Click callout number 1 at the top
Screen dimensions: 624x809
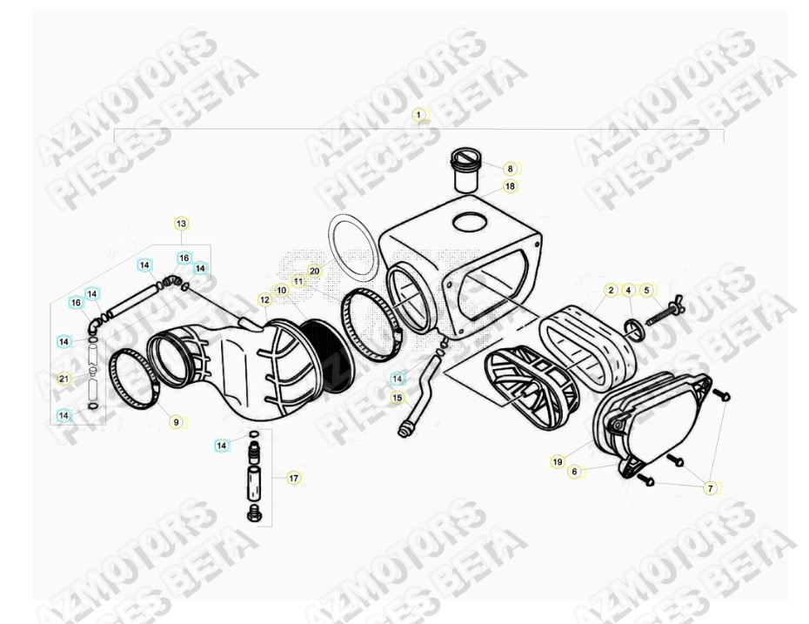(418, 114)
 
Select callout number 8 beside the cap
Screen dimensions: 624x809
(511, 168)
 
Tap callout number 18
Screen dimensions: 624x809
(510, 186)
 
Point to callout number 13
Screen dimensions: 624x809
(181, 224)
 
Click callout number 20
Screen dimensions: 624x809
(315, 271)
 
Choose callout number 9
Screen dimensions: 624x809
(176, 422)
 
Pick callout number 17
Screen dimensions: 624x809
(294, 478)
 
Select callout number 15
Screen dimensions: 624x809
(398, 398)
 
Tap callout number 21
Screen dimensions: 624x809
(64, 379)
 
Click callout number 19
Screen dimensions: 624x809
(557, 462)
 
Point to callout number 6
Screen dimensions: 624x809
(574, 471)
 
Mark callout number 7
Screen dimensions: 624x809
(710, 488)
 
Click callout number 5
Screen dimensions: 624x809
(646, 290)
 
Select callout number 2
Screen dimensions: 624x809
(612, 290)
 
